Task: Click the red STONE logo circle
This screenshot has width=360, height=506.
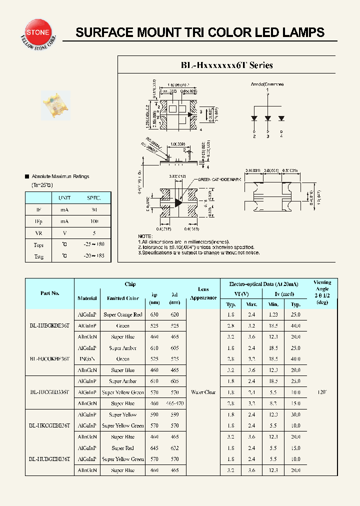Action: (37, 32)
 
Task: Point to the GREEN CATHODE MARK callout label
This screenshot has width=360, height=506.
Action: (219, 179)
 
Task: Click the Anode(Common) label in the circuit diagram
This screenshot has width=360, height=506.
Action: (266, 84)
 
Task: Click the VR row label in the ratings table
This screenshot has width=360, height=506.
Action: (38, 232)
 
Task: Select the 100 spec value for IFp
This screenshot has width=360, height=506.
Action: (93, 221)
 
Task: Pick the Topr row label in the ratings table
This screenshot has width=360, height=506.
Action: (38, 245)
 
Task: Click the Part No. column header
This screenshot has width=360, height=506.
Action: (50, 293)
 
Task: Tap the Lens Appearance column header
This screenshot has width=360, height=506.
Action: (203, 293)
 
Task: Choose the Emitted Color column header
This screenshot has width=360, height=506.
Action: (122, 298)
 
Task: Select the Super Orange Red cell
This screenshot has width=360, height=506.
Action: (122, 315)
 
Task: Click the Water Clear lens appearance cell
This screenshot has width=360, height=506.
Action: (203, 392)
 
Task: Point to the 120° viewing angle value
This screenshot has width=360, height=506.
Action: (322, 392)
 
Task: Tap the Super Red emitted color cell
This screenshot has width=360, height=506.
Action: (122, 448)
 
